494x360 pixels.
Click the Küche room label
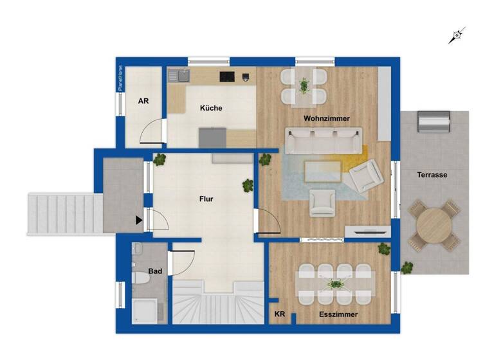pyautogui.click(x=211, y=108)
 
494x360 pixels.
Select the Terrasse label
pyautogui.click(x=432, y=174)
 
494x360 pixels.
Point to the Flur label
pyautogui.click(x=206, y=199)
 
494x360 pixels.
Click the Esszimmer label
pyautogui.click(x=339, y=314)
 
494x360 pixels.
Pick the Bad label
pyautogui.click(x=155, y=271)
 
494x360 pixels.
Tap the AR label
pyautogui.click(x=144, y=101)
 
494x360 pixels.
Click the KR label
pyautogui.click(x=280, y=314)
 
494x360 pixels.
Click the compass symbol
pyautogui.click(x=457, y=35)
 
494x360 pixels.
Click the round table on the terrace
pyautogui.click(x=434, y=225)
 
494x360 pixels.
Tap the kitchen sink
pyautogui.click(x=179, y=76)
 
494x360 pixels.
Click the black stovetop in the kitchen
pyautogui.click(x=227, y=76)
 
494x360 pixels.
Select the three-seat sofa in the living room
pyautogui.click(x=324, y=140)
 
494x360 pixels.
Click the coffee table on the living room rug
pyautogui.click(x=322, y=170)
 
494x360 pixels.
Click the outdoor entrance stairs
pyautogui.click(x=64, y=214)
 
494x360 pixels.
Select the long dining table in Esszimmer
pyautogui.click(x=335, y=283)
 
